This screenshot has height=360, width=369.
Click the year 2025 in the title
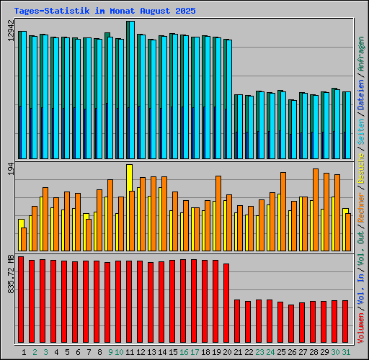click(x=185, y=12)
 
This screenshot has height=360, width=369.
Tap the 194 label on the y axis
click(x=10, y=169)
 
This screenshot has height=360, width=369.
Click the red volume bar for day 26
click(x=291, y=325)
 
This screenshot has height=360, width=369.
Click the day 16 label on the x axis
click(x=184, y=352)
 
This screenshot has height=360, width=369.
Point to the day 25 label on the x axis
click(x=281, y=352)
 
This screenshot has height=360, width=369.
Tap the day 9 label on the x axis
click(x=108, y=352)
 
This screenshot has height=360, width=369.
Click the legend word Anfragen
click(x=360, y=39)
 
